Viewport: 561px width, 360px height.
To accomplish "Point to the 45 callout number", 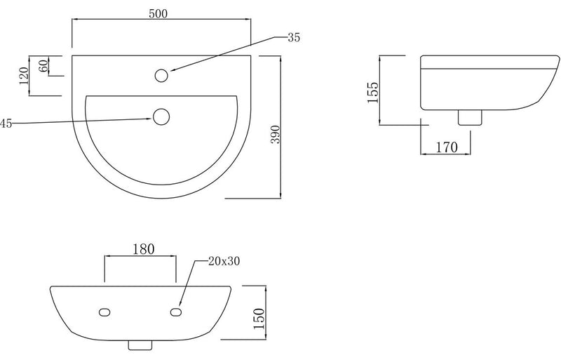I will tap(6, 124).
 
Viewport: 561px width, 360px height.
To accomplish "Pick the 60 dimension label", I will tap(43, 66).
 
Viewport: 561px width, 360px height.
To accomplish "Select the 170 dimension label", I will tap(446, 147).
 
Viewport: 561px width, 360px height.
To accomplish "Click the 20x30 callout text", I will tap(224, 262).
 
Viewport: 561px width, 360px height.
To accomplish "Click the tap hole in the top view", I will tap(163, 74).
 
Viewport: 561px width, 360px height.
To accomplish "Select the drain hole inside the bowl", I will tap(161, 116).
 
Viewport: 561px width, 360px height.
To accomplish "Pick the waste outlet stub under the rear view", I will tap(140, 346).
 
